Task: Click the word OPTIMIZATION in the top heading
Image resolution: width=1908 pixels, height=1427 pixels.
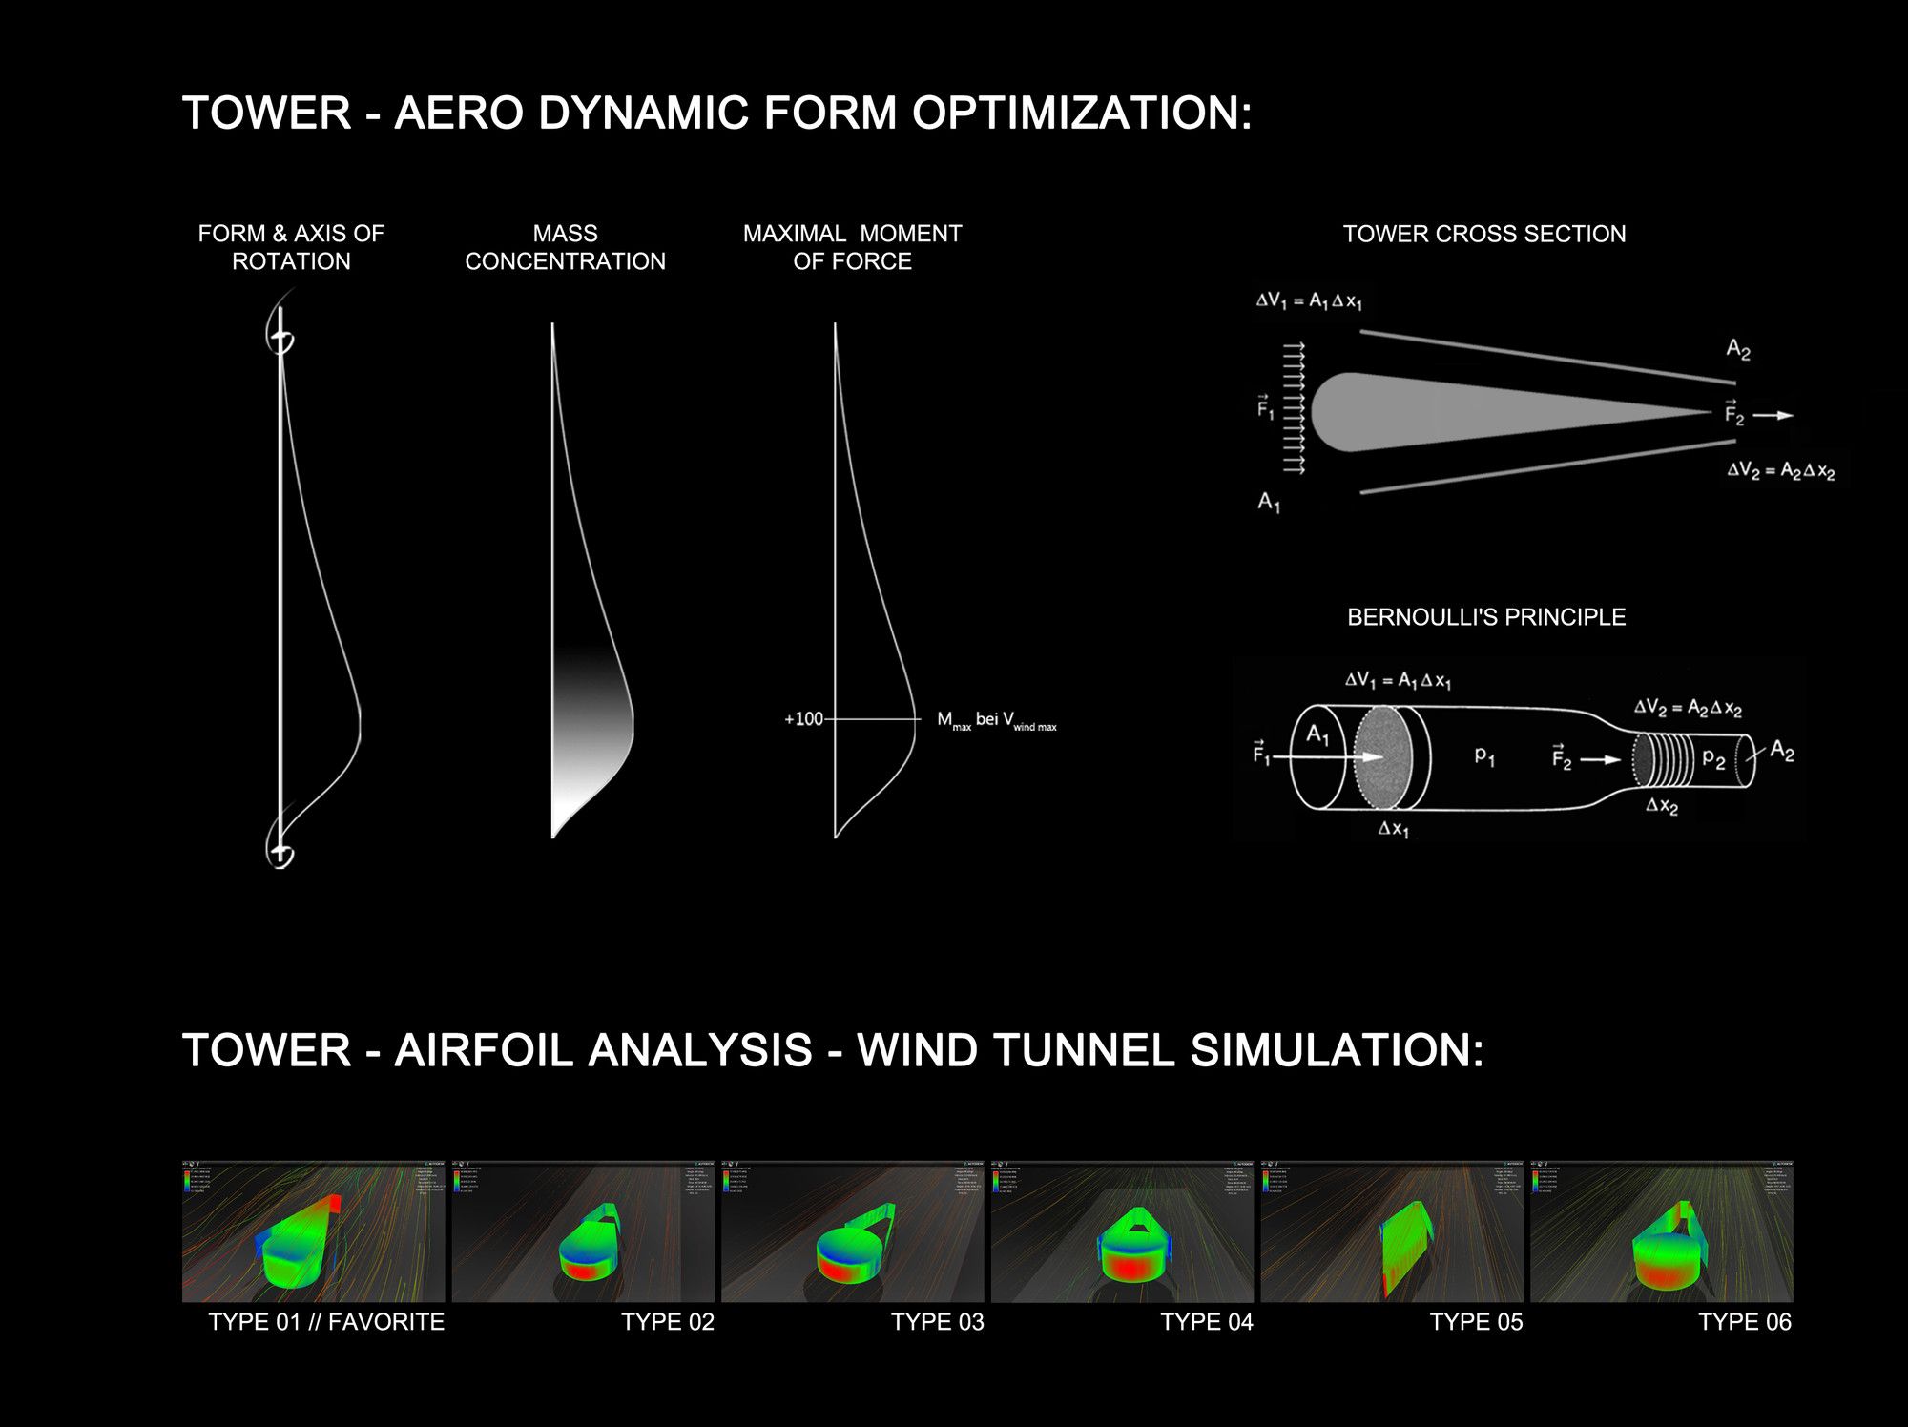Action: (x=1081, y=114)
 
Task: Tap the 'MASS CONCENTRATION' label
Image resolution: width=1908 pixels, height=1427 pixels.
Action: (x=565, y=247)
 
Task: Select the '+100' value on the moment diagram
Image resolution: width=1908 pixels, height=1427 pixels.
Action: (x=803, y=719)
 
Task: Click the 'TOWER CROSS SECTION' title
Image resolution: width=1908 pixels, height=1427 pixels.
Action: (x=1483, y=234)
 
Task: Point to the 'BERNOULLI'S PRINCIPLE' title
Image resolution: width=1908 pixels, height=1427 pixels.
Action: (x=1485, y=617)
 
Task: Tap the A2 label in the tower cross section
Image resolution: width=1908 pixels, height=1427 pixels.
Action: (x=1737, y=350)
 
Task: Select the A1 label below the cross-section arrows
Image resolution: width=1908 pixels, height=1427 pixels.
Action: (x=1269, y=502)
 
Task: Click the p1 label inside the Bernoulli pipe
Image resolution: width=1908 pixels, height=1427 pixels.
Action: (x=1484, y=755)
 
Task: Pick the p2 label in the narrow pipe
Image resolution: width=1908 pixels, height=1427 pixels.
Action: (x=1713, y=759)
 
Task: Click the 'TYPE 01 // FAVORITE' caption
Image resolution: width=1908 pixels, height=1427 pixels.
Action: (x=325, y=1322)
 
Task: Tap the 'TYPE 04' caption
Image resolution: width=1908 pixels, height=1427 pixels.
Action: (x=1206, y=1322)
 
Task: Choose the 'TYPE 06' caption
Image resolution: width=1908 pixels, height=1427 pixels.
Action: (x=1744, y=1322)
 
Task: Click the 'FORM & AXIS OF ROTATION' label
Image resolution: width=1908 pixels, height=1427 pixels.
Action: (x=291, y=247)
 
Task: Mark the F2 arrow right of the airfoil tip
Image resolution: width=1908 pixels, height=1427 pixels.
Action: (x=1773, y=415)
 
